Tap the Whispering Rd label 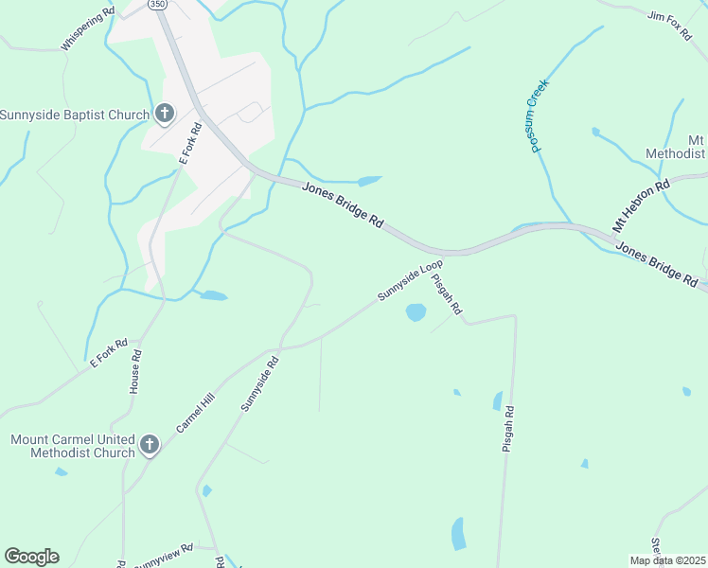(87, 29)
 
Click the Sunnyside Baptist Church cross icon (164, 115)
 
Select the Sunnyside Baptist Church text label (75, 115)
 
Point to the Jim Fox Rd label (669, 26)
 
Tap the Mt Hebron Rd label (641, 204)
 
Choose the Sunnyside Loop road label (410, 281)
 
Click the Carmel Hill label (196, 415)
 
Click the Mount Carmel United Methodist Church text (73, 446)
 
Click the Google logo (31, 557)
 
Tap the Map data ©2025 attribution (668, 560)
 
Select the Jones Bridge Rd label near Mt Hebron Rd (656, 263)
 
